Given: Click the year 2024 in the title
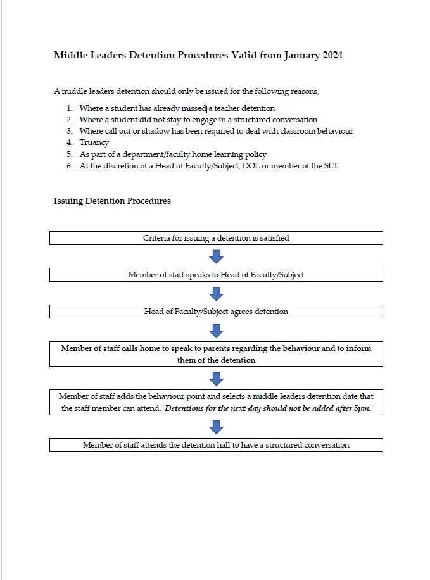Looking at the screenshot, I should (x=332, y=55).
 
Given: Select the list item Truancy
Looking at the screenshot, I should (x=94, y=142).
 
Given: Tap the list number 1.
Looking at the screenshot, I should (x=69, y=108).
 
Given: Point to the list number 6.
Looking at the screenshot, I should (x=69, y=165).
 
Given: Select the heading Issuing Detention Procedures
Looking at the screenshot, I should (x=112, y=201).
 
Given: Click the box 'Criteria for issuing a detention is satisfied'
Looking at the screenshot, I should (x=216, y=238).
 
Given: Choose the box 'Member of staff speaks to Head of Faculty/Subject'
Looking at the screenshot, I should (x=216, y=275).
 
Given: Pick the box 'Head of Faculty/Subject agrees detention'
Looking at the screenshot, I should (x=216, y=312).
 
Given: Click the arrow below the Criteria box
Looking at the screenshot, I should (x=216, y=256).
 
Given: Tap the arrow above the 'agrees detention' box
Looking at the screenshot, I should (x=216, y=293).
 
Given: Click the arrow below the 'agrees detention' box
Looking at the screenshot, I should (x=216, y=331).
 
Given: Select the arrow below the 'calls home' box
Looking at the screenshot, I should (x=216, y=379).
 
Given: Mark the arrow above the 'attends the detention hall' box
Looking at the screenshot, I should (x=216, y=427).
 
